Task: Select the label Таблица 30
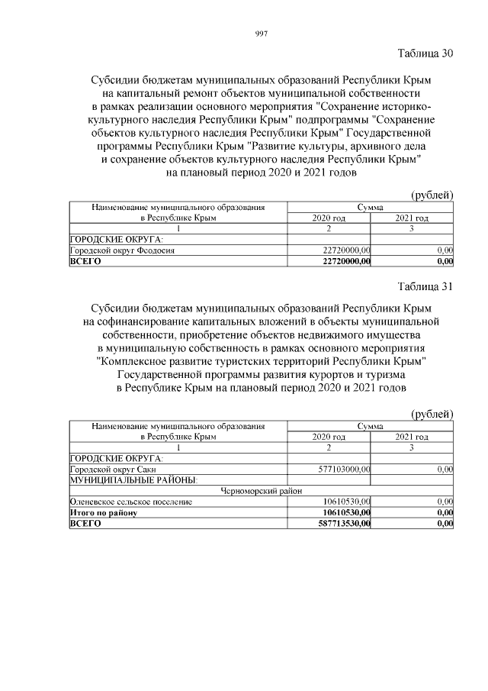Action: [425, 53]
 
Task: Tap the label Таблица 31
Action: [425, 286]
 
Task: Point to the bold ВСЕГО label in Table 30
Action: [85, 261]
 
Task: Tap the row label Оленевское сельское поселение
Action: [130, 502]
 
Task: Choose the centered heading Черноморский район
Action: [261, 491]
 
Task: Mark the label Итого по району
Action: [103, 512]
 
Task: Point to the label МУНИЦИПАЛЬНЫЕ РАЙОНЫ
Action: [133, 480]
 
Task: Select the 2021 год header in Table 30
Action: [412, 218]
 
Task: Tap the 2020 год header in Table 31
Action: [329, 436]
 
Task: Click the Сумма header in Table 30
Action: [371, 207]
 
